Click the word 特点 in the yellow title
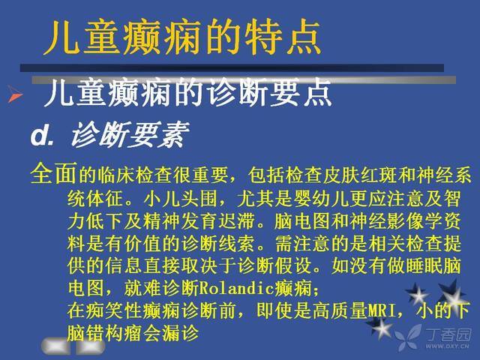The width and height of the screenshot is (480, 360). (x=283, y=37)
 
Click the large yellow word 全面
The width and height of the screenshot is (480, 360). (x=53, y=173)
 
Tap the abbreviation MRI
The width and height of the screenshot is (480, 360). (x=382, y=310)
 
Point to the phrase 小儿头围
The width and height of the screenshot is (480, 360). (x=181, y=199)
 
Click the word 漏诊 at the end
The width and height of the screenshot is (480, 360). (x=180, y=333)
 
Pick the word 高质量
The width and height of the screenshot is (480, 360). (x=340, y=310)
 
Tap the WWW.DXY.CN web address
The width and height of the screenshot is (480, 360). (x=447, y=346)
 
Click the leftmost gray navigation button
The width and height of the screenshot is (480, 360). (x=55, y=346)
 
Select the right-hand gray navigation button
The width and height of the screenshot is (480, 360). (x=90, y=346)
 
